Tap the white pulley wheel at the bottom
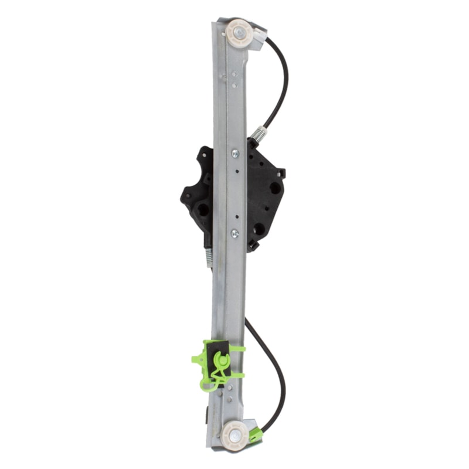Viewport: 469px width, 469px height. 234,435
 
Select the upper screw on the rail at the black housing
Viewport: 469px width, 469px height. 235,154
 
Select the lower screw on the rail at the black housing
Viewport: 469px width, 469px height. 235,233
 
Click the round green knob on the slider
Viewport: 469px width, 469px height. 224,359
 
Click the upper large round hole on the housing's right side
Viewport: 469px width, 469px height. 274,188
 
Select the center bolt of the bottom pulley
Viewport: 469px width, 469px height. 234,435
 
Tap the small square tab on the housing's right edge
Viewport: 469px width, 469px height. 282,172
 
